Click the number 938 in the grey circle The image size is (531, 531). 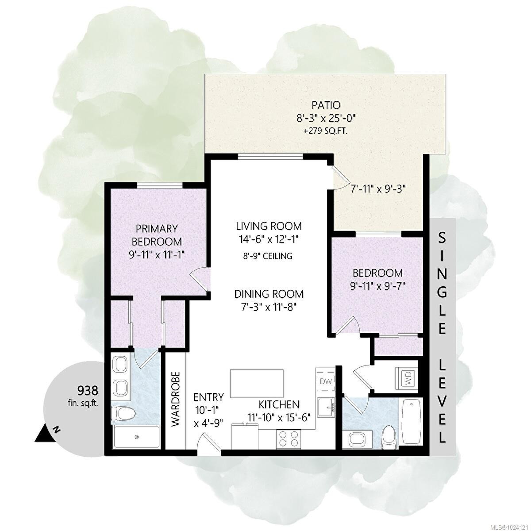pos(87,390)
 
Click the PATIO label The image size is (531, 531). pos(325,105)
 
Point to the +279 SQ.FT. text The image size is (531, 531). pos(325,131)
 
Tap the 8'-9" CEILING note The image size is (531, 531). pos(269,256)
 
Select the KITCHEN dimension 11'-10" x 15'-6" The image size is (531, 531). pos(279,416)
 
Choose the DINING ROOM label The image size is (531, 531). pos(269,293)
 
